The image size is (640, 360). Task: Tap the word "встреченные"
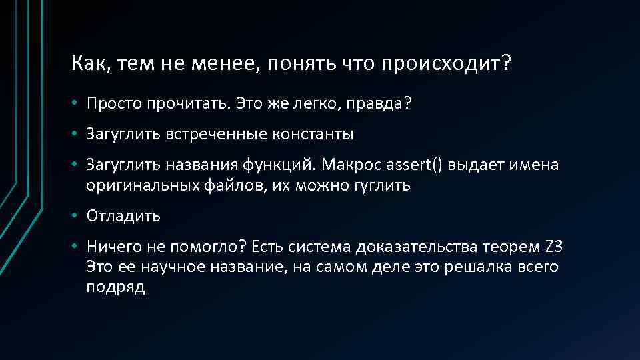click(218, 134)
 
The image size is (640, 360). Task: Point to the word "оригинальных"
click(130, 186)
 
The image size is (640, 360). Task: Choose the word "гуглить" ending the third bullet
click(383, 186)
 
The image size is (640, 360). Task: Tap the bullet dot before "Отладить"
click(77, 216)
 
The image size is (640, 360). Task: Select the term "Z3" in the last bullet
click(555, 246)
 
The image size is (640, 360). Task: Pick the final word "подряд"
click(115, 288)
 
